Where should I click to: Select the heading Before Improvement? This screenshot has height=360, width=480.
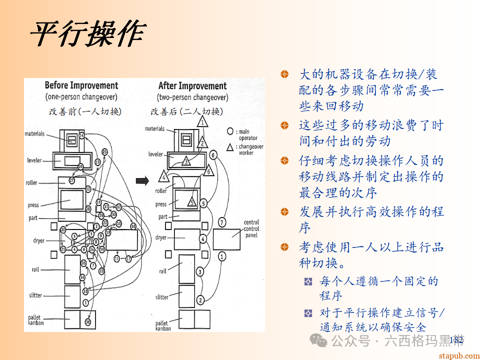[81, 85]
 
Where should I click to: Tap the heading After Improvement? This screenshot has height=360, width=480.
[192, 86]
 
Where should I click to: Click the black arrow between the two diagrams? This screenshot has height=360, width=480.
[142, 181]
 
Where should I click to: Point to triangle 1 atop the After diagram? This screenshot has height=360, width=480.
[202, 121]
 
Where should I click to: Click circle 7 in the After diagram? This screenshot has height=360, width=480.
[222, 221]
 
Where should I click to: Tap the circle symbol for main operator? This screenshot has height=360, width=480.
[230, 131]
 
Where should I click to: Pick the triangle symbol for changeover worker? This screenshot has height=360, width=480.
[230, 147]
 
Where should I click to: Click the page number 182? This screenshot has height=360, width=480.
[456, 340]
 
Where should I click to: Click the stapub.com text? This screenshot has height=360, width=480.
[458, 355]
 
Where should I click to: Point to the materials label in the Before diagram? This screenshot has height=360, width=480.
[34, 133]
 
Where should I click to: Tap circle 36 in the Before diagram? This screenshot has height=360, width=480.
[88, 322]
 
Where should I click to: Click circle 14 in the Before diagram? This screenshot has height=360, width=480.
[81, 136]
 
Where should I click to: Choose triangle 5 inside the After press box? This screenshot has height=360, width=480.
[191, 202]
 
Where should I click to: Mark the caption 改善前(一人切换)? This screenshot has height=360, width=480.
[85, 111]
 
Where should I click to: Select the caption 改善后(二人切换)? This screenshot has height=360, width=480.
[186, 111]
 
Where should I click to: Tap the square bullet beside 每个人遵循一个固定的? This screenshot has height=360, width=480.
[308, 281]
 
